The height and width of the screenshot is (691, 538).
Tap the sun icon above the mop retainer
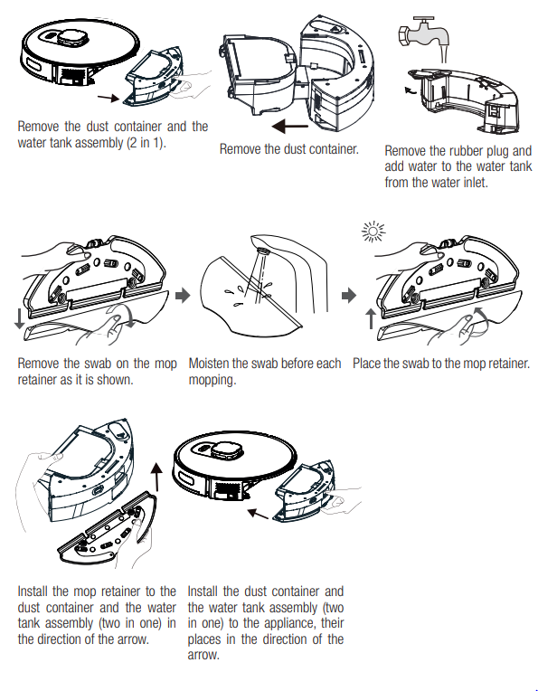[368, 234]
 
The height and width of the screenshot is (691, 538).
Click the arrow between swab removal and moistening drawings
[184, 295]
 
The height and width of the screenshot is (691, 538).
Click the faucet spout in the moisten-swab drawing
[263, 249]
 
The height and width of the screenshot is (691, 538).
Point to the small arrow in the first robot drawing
[106, 94]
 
